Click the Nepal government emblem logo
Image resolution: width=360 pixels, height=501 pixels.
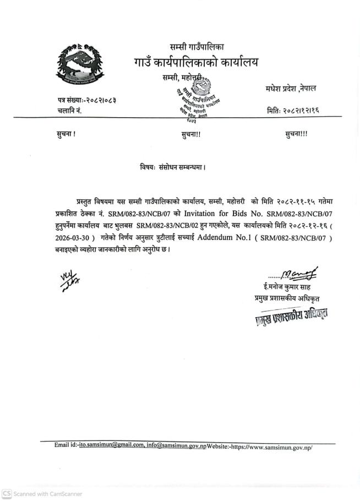pos(79,66)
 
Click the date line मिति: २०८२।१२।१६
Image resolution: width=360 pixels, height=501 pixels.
pos(293,111)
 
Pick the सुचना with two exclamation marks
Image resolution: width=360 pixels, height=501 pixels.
pos(190,134)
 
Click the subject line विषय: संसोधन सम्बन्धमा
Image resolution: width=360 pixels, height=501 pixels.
pos(173,165)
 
